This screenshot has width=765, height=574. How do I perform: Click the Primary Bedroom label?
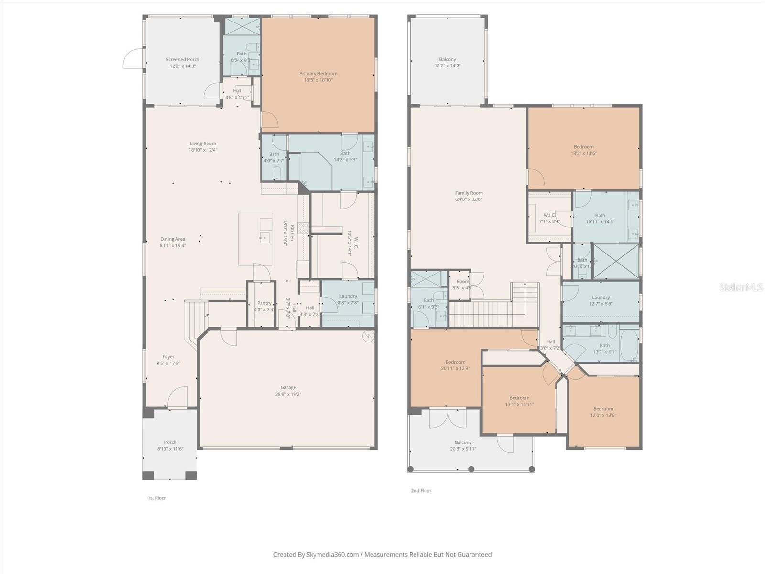coord(318,74)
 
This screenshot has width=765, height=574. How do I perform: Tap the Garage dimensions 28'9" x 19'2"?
coord(288,395)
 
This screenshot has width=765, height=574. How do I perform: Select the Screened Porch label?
coord(183,60)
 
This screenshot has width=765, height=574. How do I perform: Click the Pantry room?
coord(264,303)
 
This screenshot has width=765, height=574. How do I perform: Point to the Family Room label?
coord(469,193)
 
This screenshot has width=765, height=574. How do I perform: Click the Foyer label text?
coord(168,357)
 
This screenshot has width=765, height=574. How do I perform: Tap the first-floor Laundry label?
coord(348,297)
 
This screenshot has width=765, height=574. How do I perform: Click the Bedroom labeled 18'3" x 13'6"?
coord(583,150)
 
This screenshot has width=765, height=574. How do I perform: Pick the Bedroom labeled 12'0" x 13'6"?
coord(603,412)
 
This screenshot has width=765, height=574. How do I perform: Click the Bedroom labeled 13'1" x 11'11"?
coord(519,401)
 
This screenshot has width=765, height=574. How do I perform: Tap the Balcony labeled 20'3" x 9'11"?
coord(463,445)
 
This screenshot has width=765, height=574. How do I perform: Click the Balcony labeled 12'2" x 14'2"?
coord(448,63)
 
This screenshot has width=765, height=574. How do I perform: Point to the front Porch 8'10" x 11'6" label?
coord(170,445)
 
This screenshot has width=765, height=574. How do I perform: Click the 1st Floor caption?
coord(157,498)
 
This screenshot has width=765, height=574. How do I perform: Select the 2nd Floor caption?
coord(421,491)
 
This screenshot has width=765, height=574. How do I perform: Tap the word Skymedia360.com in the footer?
coord(333,555)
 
